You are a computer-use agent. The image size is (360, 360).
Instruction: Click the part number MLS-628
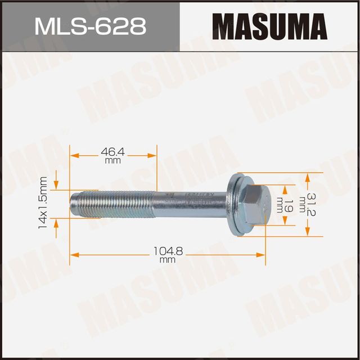90,26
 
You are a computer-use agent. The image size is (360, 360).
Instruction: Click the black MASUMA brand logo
269,26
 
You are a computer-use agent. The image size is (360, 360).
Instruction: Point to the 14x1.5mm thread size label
42,201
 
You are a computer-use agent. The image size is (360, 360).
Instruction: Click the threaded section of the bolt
112,201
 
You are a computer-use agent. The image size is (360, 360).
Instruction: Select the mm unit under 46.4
112,160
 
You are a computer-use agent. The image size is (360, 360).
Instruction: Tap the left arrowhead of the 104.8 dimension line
73,255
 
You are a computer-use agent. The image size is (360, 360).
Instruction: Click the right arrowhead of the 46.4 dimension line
153,155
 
